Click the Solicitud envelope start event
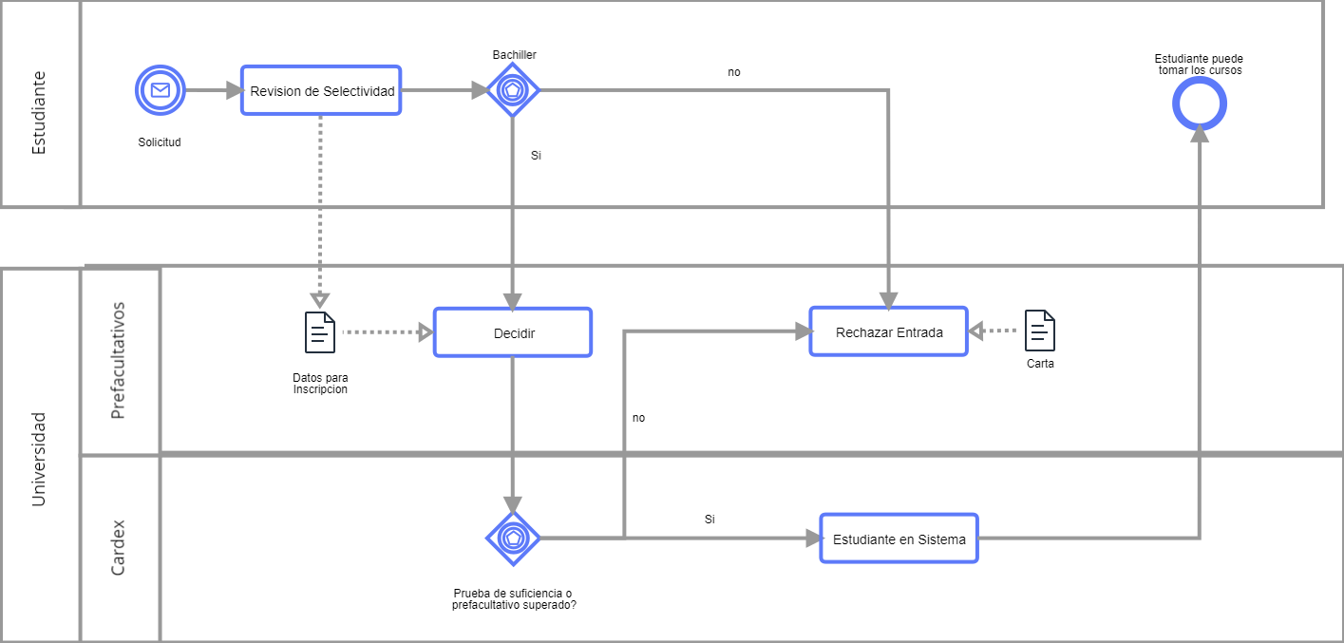(x=160, y=90)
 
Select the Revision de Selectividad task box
(x=321, y=90)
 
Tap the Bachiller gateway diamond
(x=513, y=90)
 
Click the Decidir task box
(x=513, y=332)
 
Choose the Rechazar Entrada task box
(x=888, y=331)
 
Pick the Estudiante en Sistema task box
(x=899, y=539)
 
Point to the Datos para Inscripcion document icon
(x=320, y=332)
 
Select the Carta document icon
(x=1040, y=331)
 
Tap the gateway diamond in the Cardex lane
(x=513, y=538)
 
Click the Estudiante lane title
(x=39, y=112)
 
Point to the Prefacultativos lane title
(x=119, y=360)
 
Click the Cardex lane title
(x=119, y=547)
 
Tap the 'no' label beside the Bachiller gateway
(x=734, y=72)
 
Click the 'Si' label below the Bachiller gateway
(x=536, y=155)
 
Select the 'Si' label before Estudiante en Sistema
(x=710, y=520)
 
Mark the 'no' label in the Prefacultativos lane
(x=638, y=418)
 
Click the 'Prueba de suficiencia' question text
(x=513, y=598)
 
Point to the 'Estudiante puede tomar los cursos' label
(x=1199, y=65)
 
